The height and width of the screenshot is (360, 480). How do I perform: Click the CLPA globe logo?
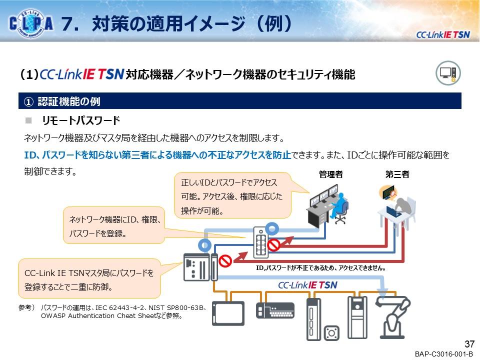point(31,23)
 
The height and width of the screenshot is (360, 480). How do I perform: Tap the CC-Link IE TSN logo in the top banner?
point(442,35)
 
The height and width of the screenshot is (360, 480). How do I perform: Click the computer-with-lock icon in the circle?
point(448,73)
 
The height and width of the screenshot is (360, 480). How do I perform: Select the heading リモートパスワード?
point(81,120)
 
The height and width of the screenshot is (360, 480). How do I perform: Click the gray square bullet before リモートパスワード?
point(28,120)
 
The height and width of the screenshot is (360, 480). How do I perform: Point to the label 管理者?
point(330,174)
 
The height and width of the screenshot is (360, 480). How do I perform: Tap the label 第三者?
point(397,174)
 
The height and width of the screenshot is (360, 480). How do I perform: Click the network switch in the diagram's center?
point(261,242)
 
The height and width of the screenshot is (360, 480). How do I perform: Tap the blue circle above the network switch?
point(272,228)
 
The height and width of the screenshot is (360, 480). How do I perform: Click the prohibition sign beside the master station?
point(225,261)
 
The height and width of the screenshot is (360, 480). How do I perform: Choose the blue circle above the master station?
point(204,245)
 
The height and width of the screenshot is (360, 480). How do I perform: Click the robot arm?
point(393,317)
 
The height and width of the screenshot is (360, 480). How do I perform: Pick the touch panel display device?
point(228,313)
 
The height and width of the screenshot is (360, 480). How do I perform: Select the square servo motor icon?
point(331,333)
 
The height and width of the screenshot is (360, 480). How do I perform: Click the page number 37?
point(469,344)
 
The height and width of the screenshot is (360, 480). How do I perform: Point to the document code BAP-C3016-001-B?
point(443,354)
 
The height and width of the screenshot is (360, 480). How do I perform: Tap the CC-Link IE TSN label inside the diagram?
point(307,285)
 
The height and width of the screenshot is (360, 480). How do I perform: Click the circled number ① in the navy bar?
point(28,101)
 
